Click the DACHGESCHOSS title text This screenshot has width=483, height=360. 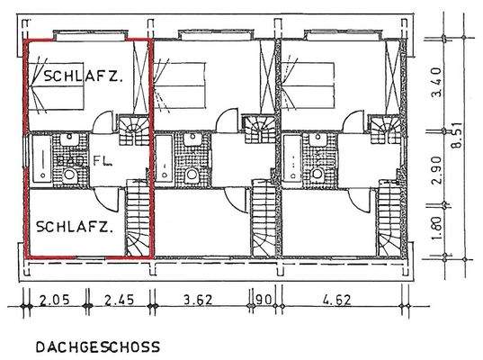click(x=97, y=346)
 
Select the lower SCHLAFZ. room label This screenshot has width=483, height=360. click(x=75, y=228)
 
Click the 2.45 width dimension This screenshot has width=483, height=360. click(x=120, y=301)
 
